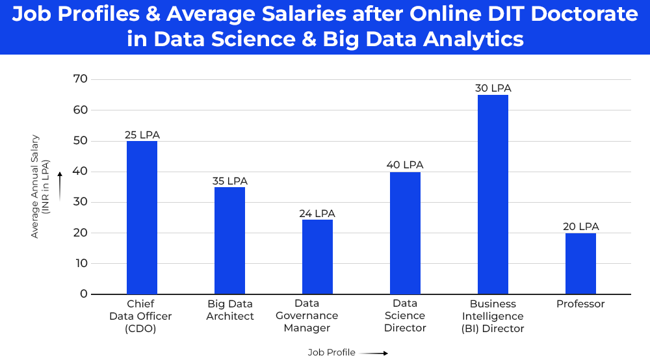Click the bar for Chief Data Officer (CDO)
142,218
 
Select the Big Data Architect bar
229,240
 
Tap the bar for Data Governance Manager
317,257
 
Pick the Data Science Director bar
405,233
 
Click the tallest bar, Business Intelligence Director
493,195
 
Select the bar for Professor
580,263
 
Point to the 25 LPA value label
142,135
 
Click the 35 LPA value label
229,181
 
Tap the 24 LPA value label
317,214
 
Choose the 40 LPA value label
405,165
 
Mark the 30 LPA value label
493,88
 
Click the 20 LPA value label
580,227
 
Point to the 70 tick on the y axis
81,79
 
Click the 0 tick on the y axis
83,294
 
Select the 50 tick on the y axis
81,141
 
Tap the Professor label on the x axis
580,304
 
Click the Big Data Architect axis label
229,310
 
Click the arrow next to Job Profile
374,353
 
